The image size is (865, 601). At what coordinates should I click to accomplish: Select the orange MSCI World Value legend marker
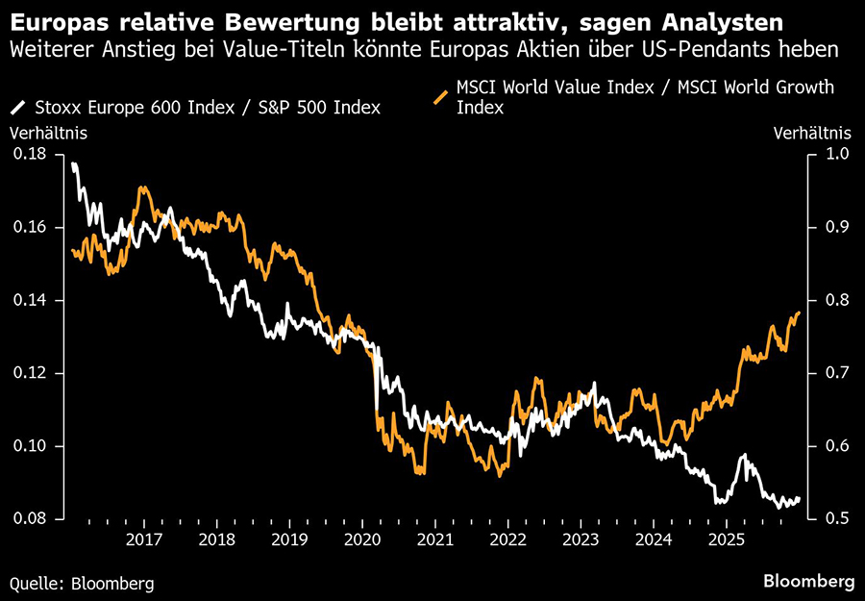coord(441,97)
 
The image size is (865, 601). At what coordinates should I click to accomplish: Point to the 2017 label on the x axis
coord(142,539)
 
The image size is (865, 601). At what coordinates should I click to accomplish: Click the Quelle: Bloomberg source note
coord(82,583)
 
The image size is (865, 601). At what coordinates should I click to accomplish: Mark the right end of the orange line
coord(799,313)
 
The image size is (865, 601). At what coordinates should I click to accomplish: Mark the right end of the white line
coord(799,498)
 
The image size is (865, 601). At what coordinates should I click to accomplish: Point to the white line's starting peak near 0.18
coord(74,164)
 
